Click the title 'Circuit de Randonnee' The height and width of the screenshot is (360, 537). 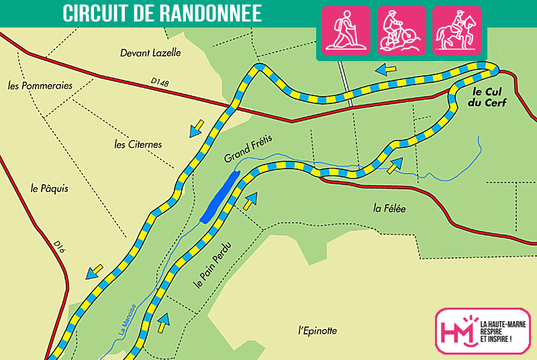coord(161,13)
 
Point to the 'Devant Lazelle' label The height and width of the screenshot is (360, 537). coord(151,52)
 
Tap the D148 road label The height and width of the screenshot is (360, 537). coord(160,83)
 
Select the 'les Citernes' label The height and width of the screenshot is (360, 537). coord(138,144)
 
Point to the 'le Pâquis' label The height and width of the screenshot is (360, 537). coord(50,189)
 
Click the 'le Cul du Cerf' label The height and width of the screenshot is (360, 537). coord(489,97)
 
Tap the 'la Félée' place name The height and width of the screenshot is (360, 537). coord(390,208)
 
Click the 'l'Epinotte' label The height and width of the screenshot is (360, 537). coord(317,330)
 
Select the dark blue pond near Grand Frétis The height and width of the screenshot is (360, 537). coord(219,196)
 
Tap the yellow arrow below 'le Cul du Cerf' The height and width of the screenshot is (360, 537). coord(396,164)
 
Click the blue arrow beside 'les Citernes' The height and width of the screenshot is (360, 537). coord(197,128)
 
